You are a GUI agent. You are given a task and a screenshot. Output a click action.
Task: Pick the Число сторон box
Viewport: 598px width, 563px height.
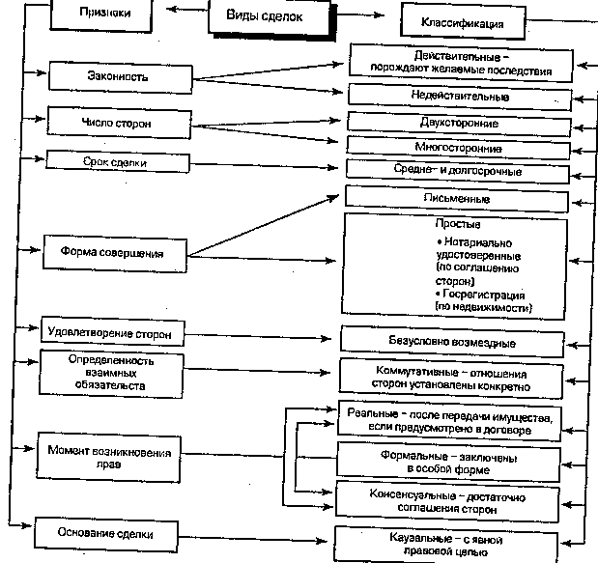[118, 124]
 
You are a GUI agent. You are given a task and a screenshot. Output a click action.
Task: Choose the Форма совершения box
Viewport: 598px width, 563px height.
[118, 253]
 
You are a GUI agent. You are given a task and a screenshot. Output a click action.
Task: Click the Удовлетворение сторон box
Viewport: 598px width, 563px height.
[109, 333]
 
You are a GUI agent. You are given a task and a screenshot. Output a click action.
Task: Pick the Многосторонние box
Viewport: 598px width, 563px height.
[459, 149]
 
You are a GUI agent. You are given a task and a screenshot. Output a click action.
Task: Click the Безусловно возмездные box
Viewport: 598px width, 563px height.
[450, 343]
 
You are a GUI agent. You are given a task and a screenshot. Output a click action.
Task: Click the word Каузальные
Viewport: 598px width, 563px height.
[411, 539]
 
